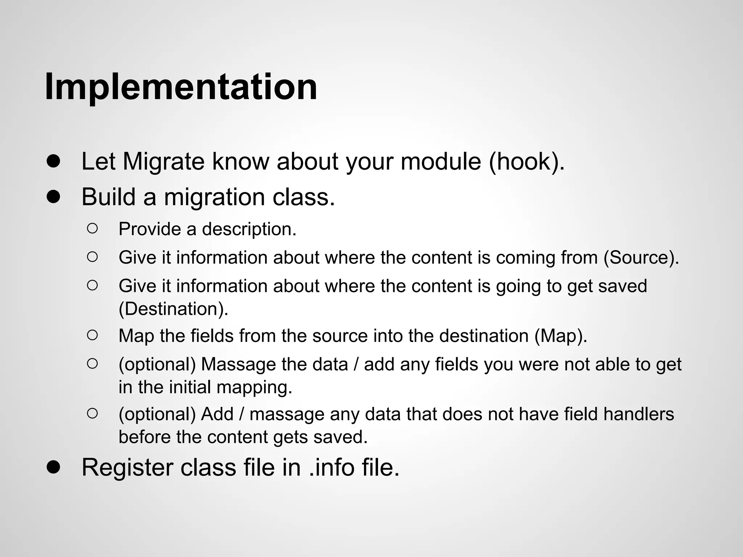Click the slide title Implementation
[x=181, y=87]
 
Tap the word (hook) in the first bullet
[x=526, y=161]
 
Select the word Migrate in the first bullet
[x=164, y=161]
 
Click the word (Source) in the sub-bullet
[x=641, y=258]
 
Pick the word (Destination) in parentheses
[x=173, y=309]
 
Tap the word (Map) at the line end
[x=561, y=336]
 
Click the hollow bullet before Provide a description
[x=93, y=228]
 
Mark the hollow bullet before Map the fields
[x=93, y=335]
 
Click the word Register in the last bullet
[x=127, y=467]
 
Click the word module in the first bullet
[x=440, y=161]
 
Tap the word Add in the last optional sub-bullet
[x=217, y=414]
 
